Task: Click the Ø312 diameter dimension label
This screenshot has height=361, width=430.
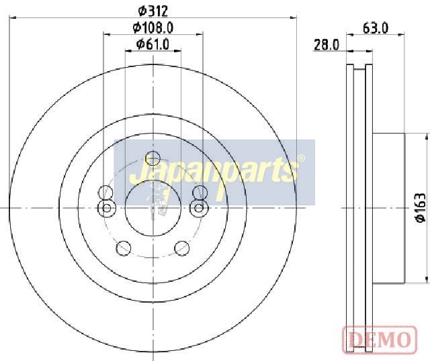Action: point(153,11)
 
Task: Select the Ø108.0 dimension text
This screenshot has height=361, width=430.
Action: point(153,28)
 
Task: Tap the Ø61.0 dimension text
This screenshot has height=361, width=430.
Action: point(153,44)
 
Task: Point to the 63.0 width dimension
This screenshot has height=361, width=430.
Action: point(376,28)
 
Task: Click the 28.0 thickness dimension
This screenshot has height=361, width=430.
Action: point(327,45)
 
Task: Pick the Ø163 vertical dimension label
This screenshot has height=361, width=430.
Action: point(420,207)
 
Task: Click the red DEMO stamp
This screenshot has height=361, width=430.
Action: point(380,340)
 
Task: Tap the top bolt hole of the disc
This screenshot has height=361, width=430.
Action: point(153,158)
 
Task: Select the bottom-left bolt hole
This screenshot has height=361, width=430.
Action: point(124,248)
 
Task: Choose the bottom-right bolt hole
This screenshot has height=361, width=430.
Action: point(182,248)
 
